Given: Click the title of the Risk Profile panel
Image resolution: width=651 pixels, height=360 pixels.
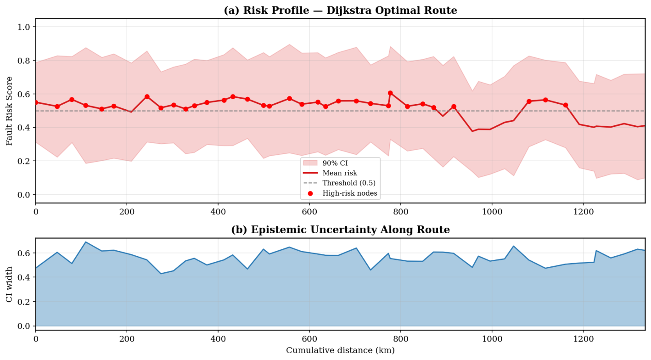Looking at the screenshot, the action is click(340, 10).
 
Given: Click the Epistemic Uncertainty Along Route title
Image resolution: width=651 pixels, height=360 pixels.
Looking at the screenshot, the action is click(340, 230).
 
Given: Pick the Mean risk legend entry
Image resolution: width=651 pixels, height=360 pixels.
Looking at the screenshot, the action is click(330, 173).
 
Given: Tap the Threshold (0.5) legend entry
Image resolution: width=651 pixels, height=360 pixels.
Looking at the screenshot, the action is click(339, 183).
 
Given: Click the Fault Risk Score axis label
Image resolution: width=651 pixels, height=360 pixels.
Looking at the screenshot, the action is click(9, 111).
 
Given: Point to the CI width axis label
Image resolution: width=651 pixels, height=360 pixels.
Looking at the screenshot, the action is click(9, 284).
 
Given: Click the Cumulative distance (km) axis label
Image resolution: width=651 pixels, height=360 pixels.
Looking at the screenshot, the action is click(340, 350).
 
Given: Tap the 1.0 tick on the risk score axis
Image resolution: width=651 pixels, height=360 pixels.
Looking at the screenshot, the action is click(23, 27).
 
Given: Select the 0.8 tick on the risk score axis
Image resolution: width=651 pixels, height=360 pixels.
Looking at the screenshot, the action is click(23, 61).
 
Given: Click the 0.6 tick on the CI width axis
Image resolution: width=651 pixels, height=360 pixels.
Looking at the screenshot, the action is click(23, 253).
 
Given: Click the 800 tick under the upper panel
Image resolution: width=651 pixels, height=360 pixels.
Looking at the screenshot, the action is click(400, 212).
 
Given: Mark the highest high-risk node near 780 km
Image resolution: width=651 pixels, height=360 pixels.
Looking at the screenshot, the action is click(390, 93).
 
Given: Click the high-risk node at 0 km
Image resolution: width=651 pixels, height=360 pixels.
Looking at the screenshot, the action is click(36, 102).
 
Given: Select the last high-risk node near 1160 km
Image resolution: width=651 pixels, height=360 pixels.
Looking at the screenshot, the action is click(566, 105).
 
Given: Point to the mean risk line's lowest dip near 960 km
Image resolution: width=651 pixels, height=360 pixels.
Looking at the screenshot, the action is click(472, 131).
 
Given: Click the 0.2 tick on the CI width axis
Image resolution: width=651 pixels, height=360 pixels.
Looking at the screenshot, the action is click(23, 302).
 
